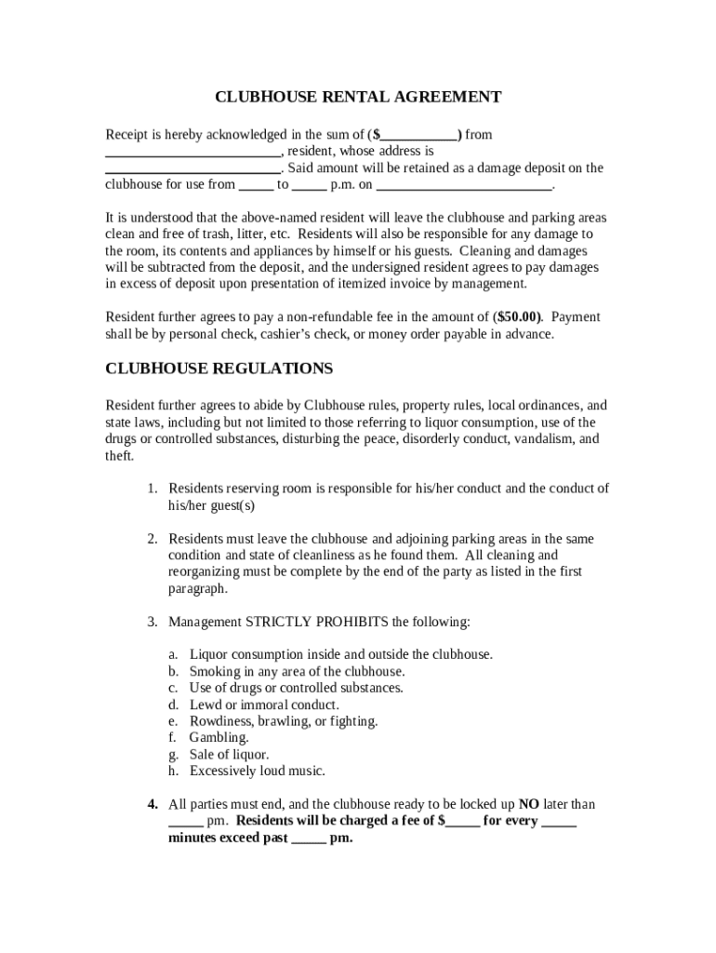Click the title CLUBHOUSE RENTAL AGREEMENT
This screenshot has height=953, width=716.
358,97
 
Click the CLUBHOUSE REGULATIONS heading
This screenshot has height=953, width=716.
219,369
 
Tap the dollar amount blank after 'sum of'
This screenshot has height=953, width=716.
419,136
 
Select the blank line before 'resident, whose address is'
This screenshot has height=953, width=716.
192,153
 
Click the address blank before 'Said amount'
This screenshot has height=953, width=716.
192,169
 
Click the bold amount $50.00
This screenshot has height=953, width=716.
519,316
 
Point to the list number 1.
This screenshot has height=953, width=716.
152,489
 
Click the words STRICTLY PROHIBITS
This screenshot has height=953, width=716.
317,621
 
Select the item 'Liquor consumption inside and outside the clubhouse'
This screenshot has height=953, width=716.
340,654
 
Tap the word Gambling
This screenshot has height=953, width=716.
219,737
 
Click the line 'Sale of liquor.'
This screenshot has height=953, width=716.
229,754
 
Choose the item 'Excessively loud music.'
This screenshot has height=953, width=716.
257,771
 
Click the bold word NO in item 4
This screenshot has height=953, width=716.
528,804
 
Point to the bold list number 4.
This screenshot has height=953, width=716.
152,804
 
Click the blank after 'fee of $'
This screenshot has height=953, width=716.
463,822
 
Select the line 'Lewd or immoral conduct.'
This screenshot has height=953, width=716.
263,705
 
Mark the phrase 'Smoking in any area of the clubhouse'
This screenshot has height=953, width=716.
297,671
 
